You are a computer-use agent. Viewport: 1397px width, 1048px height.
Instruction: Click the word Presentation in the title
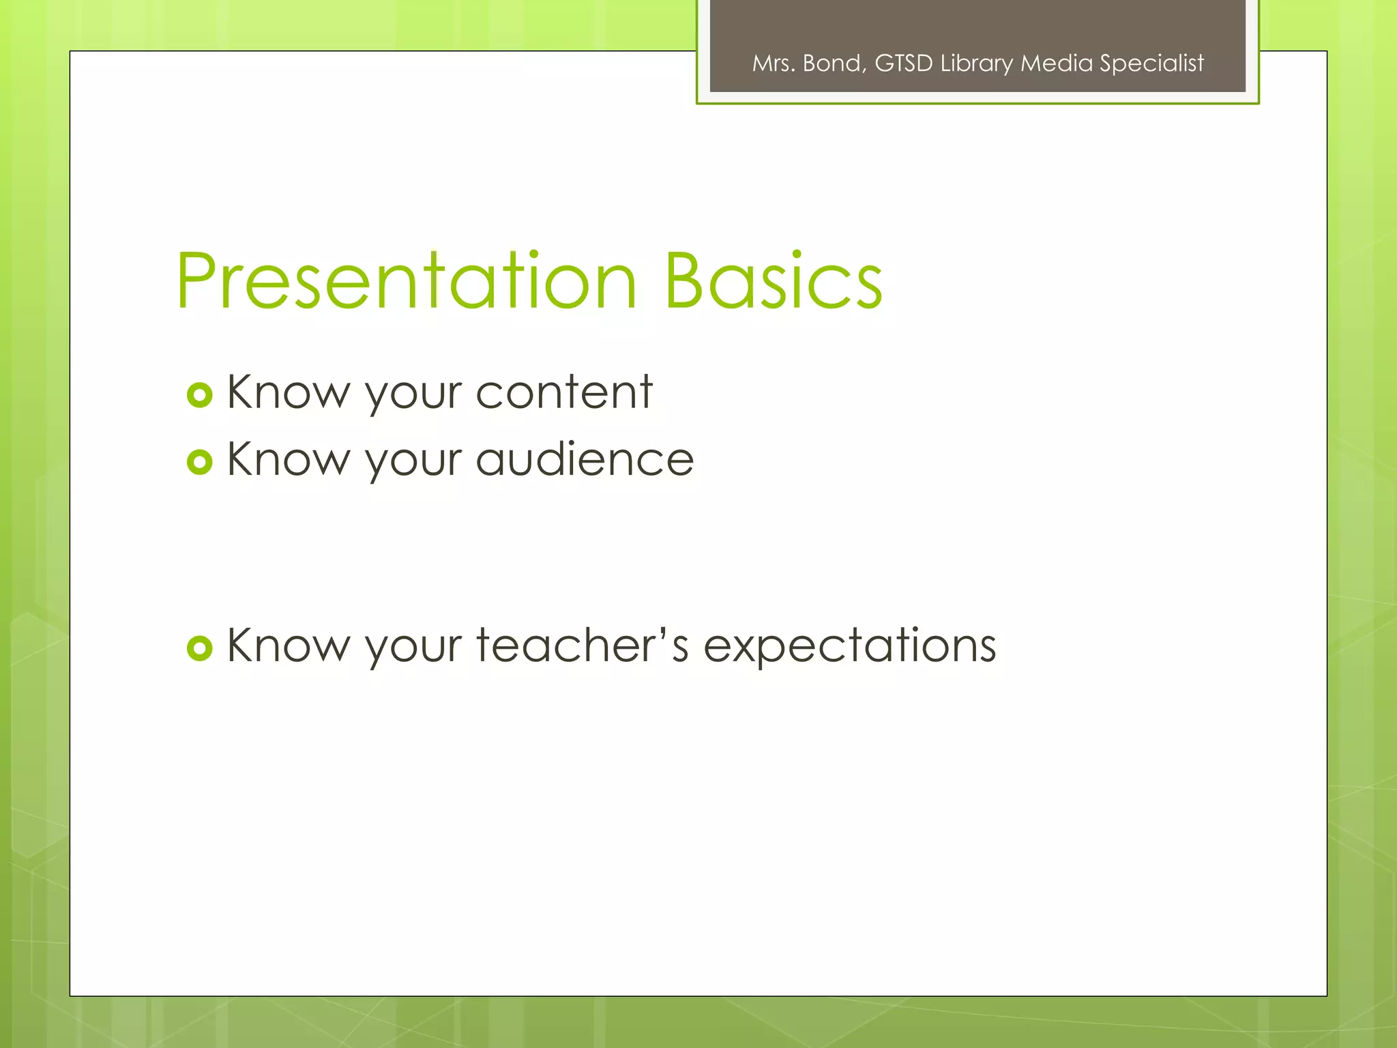pyautogui.click(x=407, y=281)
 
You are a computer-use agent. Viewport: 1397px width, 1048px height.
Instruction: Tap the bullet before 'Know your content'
pyautogui.click(x=199, y=395)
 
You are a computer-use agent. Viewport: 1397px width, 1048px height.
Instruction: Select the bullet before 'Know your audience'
pyautogui.click(x=199, y=463)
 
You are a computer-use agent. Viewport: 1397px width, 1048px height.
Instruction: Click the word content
pyautogui.click(x=564, y=392)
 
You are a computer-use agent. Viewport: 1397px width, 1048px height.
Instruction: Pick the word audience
pyautogui.click(x=585, y=459)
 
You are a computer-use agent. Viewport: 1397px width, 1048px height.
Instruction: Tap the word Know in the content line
pyautogui.click(x=287, y=392)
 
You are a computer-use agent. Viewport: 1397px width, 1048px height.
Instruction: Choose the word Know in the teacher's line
pyautogui.click(x=287, y=645)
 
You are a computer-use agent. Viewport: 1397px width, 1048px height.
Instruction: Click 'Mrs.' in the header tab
pyautogui.click(x=774, y=63)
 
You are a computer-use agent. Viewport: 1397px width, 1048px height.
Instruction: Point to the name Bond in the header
pyautogui.click(x=834, y=63)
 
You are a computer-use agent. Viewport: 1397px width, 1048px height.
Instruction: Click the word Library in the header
pyautogui.click(x=976, y=63)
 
